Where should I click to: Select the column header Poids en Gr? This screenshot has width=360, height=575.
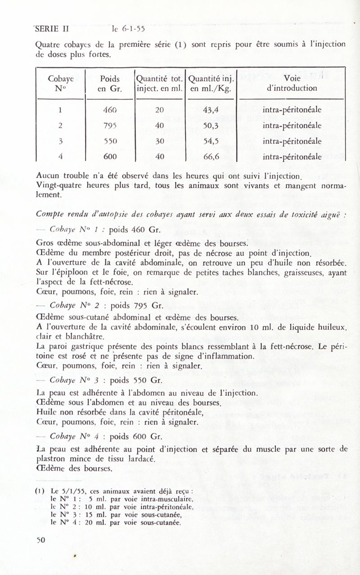110,83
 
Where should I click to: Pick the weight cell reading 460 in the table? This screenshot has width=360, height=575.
110,109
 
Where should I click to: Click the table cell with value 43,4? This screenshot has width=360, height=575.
210,109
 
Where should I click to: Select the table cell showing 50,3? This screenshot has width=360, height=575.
210,126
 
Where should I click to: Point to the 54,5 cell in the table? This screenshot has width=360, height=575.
210,141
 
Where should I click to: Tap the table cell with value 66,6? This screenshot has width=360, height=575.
210,157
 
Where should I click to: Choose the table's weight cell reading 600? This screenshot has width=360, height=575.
110,157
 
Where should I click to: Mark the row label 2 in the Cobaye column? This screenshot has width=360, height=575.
60,126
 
